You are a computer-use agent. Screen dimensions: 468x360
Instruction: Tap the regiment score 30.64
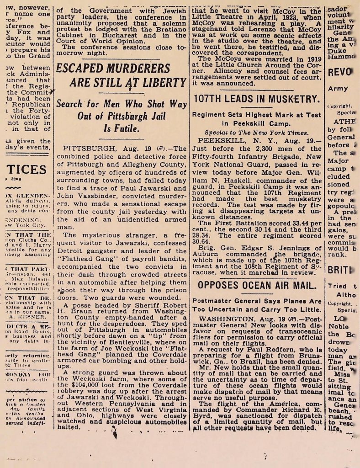coord(201,241)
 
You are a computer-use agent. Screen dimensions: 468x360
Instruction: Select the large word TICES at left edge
coord(26,169)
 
